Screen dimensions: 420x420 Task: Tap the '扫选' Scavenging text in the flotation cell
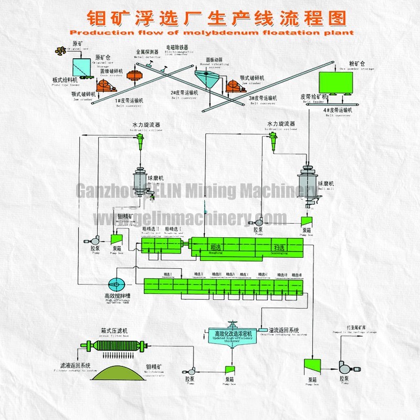click(278, 247)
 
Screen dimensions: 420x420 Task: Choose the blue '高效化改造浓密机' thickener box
click(233, 333)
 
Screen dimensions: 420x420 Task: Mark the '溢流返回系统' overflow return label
click(283, 330)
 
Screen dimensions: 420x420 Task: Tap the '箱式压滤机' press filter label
click(114, 331)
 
